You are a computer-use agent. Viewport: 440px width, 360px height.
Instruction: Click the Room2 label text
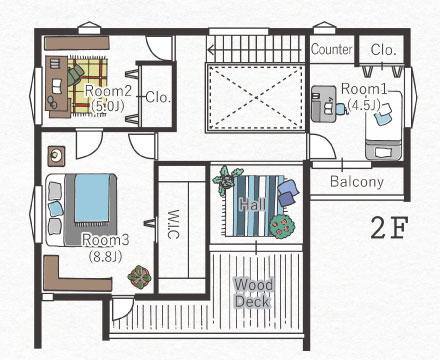click(x=108, y=91)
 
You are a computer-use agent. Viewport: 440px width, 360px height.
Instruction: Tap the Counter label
click(x=332, y=49)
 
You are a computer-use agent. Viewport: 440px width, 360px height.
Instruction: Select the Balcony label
click(x=357, y=182)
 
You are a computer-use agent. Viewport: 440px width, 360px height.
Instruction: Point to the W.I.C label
click(x=173, y=224)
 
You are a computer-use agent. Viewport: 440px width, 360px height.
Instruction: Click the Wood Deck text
click(x=253, y=293)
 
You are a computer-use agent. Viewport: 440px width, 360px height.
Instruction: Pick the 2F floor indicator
click(x=389, y=228)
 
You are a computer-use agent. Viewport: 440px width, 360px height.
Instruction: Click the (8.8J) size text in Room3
click(x=105, y=257)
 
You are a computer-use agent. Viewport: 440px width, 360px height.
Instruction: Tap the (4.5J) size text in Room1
click(x=364, y=105)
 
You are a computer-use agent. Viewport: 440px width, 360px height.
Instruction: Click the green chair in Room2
click(x=76, y=74)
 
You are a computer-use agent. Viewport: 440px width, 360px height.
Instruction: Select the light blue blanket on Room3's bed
click(x=92, y=198)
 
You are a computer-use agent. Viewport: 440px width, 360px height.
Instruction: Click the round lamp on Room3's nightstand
click(x=56, y=154)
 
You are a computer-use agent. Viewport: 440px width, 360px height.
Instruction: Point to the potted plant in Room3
click(x=139, y=277)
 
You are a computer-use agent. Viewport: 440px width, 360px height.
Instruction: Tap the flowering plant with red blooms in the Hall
click(x=282, y=226)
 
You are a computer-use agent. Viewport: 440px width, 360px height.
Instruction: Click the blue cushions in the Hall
click(x=287, y=193)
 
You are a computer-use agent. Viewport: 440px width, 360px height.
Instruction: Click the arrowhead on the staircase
click(x=211, y=50)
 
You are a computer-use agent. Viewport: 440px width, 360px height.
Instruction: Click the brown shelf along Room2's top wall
click(x=77, y=43)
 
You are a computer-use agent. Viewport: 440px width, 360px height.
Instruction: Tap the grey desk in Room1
click(x=323, y=104)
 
